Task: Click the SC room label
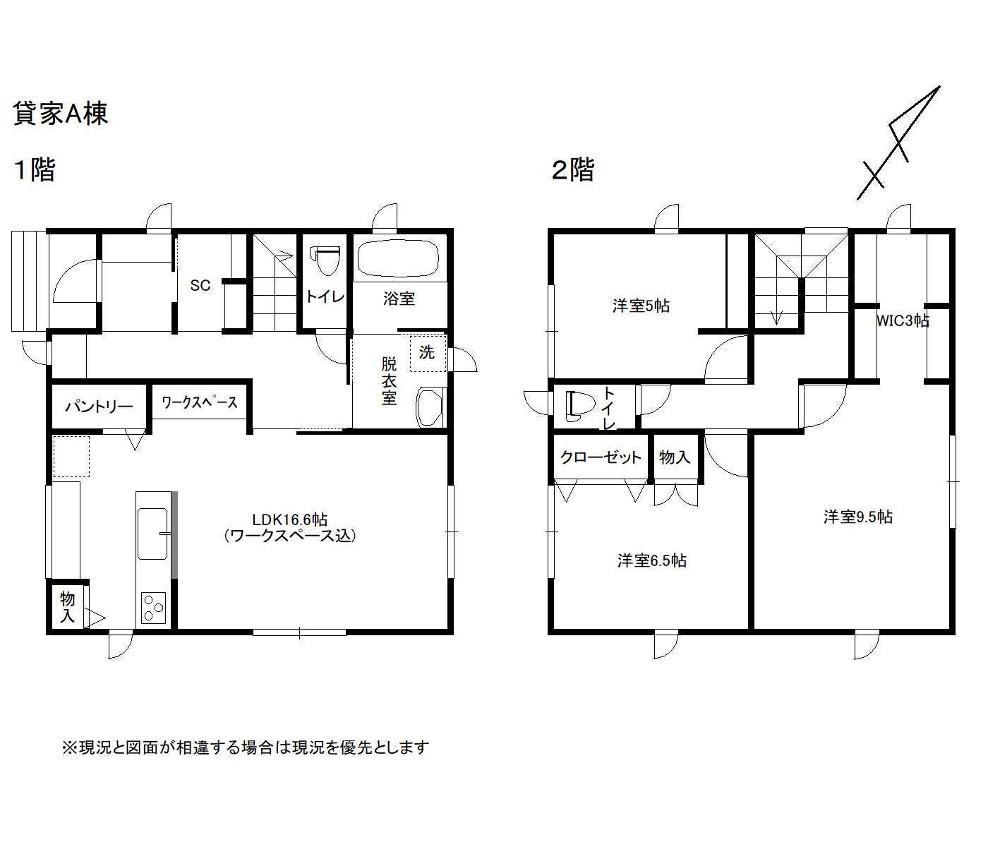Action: point(200,285)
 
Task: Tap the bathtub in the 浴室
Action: point(398,258)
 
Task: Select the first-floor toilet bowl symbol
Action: point(325,260)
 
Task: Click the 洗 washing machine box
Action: point(428,353)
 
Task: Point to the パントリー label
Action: point(99,407)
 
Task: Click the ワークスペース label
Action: point(200,402)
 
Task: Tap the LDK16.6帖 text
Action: point(289,519)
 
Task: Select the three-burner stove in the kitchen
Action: point(153,608)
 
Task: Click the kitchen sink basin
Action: point(152,534)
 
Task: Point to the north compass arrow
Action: point(898,143)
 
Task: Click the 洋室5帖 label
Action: point(641,306)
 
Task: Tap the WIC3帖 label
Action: point(903,320)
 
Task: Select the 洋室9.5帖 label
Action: point(858,517)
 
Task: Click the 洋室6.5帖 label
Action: point(652,560)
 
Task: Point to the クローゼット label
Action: point(601,457)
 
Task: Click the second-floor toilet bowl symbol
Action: point(580,407)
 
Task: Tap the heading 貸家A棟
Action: point(61,114)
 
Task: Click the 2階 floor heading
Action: point(572,169)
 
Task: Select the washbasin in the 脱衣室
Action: point(430,407)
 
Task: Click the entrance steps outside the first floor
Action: point(30,281)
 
